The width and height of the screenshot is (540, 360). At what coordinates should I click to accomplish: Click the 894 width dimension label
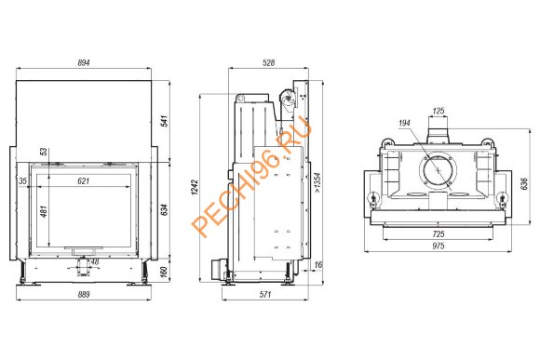pos(84,63)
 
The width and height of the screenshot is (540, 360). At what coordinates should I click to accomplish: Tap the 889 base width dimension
pos(84,295)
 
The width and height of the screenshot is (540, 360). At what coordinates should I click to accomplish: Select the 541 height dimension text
pos(164,121)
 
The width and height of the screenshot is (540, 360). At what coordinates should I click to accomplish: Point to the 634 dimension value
pos(164,210)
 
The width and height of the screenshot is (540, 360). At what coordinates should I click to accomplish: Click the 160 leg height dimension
pos(164,272)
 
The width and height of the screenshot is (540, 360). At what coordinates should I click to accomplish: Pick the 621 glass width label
pos(84,181)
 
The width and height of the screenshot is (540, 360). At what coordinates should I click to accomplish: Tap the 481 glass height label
pos(44,211)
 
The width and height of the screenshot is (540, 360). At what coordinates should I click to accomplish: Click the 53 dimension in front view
pos(44,152)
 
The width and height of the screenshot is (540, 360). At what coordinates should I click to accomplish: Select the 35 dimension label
pos(22,181)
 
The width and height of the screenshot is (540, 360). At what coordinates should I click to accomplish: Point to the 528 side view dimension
pos(269,63)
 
